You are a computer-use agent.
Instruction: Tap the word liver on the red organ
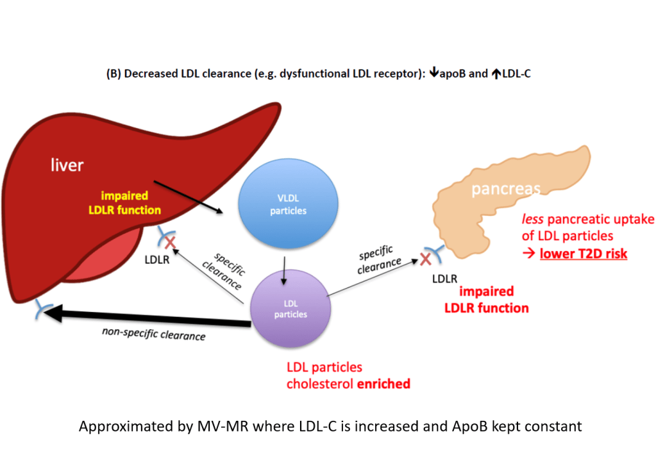tap(67, 165)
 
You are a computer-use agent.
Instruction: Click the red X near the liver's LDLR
tap(170, 242)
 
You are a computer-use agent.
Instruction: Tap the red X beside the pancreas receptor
tap(426, 260)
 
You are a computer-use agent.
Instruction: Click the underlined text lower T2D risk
tap(583, 254)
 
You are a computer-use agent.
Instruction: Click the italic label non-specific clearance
tap(153, 335)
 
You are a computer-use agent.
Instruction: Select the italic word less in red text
tap(534, 220)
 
